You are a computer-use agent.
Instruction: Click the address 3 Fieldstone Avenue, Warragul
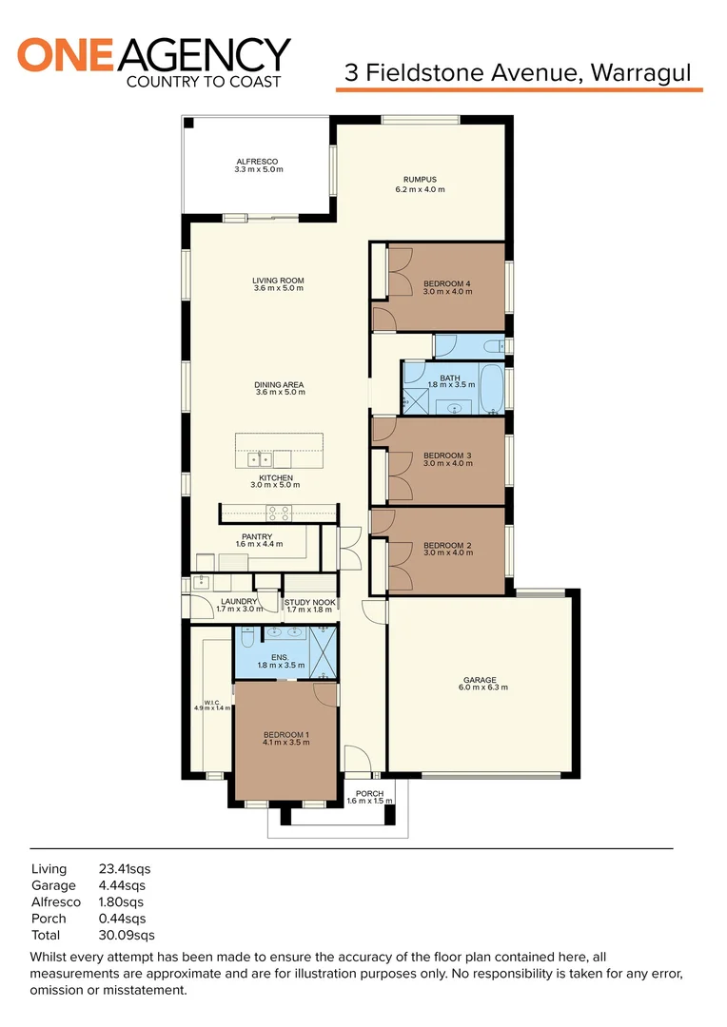coord(518,72)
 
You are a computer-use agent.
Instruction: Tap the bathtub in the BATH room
coord(490,389)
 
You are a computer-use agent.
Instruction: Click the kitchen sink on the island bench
coord(261,459)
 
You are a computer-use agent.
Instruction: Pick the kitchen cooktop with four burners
coord(279,513)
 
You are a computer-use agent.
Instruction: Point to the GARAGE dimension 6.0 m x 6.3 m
coord(480,687)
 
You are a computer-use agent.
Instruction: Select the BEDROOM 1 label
coord(285,735)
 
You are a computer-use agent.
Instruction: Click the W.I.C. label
coord(211,704)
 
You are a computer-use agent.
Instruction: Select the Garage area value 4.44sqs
coord(123,885)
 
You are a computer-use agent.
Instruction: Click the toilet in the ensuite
coord(247,640)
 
